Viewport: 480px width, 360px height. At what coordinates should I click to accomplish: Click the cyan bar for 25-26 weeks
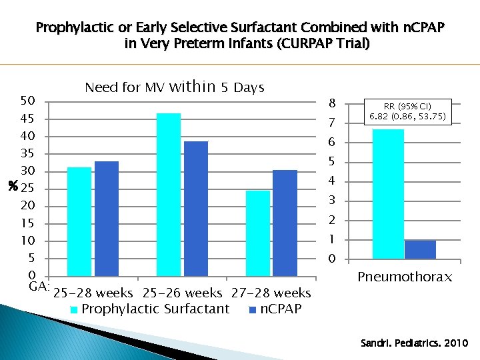[169, 194]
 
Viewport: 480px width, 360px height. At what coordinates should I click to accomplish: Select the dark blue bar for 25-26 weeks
[196, 208]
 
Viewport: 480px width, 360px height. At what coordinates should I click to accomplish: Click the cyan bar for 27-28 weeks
[258, 233]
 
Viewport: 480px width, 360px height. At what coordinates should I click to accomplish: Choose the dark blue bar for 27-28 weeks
[285, 223]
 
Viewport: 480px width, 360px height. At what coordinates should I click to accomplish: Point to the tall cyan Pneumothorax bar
[388, 193]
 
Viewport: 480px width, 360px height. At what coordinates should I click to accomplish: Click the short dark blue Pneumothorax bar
[420, 249]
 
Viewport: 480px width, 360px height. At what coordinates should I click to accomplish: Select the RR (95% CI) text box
[407, 111]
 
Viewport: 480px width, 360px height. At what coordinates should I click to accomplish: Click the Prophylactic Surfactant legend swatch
[75, 309]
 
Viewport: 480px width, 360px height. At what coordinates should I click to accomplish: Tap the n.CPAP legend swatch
[253, 309]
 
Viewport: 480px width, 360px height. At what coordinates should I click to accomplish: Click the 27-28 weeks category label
[271, 293]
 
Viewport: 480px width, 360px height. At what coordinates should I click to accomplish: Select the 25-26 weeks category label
[182, 293]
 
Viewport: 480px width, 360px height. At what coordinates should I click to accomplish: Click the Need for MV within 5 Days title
[175, 87]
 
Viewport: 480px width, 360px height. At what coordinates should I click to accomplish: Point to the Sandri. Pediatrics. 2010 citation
[414, 343]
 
